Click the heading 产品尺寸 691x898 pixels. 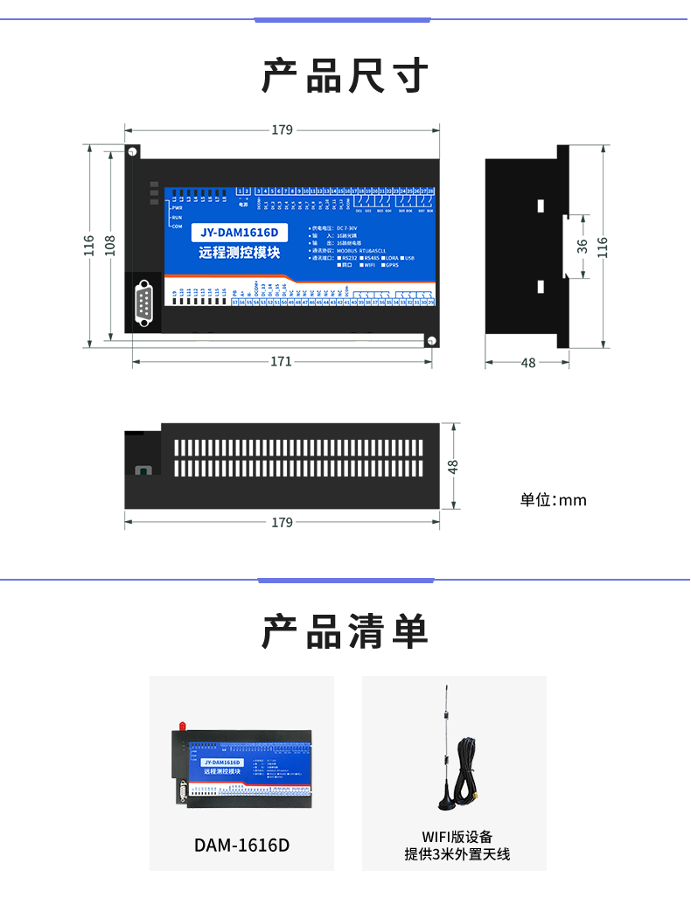click(x=345, y=76)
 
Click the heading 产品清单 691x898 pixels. click(x=345, y=631)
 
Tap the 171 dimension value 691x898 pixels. click(x=281, y=362)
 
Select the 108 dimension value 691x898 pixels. click(x=111, y=247)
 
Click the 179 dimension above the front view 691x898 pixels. click(x=282, y=130)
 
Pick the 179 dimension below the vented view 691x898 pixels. click(x=282, y=523)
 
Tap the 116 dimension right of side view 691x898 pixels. click(x=602, y=247)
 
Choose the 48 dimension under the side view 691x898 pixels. click(x=527, y=363)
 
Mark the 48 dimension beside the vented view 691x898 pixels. click(x=453, y=466)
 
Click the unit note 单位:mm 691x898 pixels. click(x=553, y=500)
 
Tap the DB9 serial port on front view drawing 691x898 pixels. click(x=144, y=303)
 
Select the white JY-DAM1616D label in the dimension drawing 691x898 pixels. click(x=238, y=233)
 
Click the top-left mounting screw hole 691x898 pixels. click(x=133, y=152)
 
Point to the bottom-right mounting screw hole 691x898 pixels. click(x=430, y=340)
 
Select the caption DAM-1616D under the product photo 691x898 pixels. click(x=241, y=846)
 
